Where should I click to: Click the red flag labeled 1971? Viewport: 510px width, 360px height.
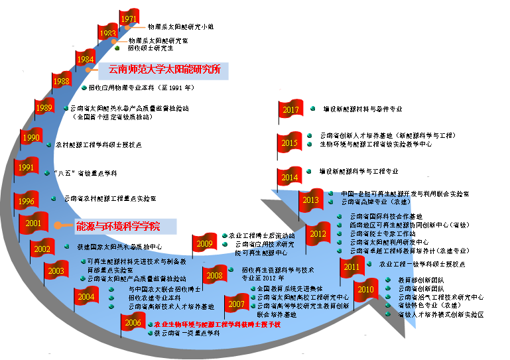129,19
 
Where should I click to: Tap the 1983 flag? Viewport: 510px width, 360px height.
107,33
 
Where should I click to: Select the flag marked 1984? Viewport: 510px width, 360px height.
86,59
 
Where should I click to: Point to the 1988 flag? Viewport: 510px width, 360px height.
62,82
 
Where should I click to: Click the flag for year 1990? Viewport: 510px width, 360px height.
31,138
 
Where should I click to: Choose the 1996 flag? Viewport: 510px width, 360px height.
27,202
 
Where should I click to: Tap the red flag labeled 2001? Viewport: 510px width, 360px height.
34,223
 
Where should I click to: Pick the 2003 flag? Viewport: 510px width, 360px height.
56,270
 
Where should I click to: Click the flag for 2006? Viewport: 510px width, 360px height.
133,323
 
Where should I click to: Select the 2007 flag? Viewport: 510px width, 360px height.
236,305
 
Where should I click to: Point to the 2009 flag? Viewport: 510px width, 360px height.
204,244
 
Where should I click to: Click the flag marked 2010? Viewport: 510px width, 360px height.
365,290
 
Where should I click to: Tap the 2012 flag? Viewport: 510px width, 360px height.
318,233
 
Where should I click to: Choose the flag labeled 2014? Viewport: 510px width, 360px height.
290,177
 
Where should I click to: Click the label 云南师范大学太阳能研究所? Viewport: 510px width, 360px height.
164,70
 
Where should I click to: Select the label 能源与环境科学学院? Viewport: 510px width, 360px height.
118,226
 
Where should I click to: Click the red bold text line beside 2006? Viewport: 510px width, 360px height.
217,324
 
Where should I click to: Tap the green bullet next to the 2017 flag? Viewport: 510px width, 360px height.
312,108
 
